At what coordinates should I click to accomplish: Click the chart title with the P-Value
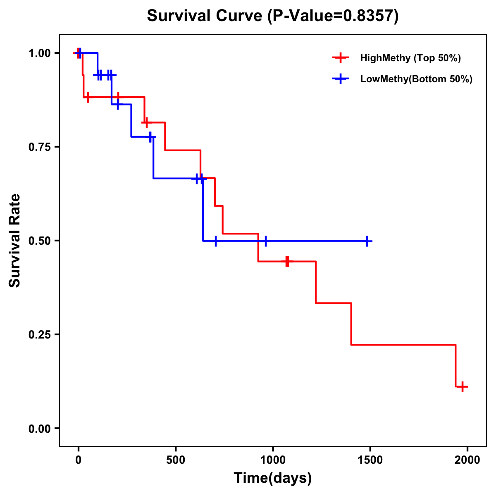pyautogui.click(x=273, y=16)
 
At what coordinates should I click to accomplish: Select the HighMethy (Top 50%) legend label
pyautogui.click(x=410, y=58)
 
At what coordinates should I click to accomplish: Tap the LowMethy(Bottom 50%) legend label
pyautogui.click(x=416, y=79)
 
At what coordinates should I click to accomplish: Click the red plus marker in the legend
pyautogui.click(x=340, y=58)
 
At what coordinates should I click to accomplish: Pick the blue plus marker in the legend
pyautogui.click(x=340, y=79)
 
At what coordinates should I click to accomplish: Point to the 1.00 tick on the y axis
pyautogui.click(x=39, y=53)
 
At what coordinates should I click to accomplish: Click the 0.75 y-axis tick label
pyautogui.click(x=39, y=147)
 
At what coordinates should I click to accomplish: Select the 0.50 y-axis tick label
pyautogui.click(x=39, y=241)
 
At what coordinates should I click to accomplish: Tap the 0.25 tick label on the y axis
pyautogui.click(x=39, y=335)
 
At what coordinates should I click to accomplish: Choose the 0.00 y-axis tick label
pyautogui.click(x=39, y=429)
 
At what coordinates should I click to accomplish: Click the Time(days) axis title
pyautogui.click(x=273, y=478)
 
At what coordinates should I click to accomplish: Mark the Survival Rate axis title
pyautogui.click(x=15, y=241)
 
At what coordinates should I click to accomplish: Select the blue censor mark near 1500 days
pyautogui.click(x=367, y=241)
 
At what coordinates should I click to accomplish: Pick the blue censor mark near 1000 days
pyautogui.click(x=265, y=241)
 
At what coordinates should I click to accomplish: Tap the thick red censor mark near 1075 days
pyautogui.click(x=287, y=262)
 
